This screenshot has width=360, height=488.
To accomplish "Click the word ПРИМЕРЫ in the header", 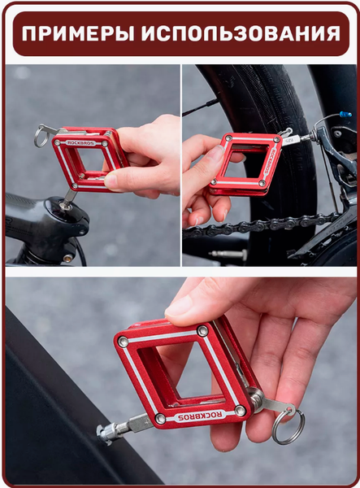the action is coord(78,33).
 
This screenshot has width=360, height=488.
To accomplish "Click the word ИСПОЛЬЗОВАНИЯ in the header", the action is coord(241,33).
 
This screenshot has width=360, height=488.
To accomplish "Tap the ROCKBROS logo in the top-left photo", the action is coord(81,143).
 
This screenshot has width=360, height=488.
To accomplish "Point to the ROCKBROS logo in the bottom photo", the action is coord(202,415).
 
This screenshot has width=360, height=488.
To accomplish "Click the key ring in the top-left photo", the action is coord(41,137).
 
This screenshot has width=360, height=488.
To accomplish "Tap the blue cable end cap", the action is coord(345,114).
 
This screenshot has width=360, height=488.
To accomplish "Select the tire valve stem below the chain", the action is coord(228,255).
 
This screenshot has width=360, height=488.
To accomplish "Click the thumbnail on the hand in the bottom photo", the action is coord(179,307).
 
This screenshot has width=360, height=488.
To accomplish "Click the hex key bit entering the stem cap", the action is coord(69,197).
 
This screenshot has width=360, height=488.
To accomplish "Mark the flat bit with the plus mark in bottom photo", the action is coord(141,423).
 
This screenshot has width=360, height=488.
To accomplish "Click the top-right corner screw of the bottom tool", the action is coord(203,330).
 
